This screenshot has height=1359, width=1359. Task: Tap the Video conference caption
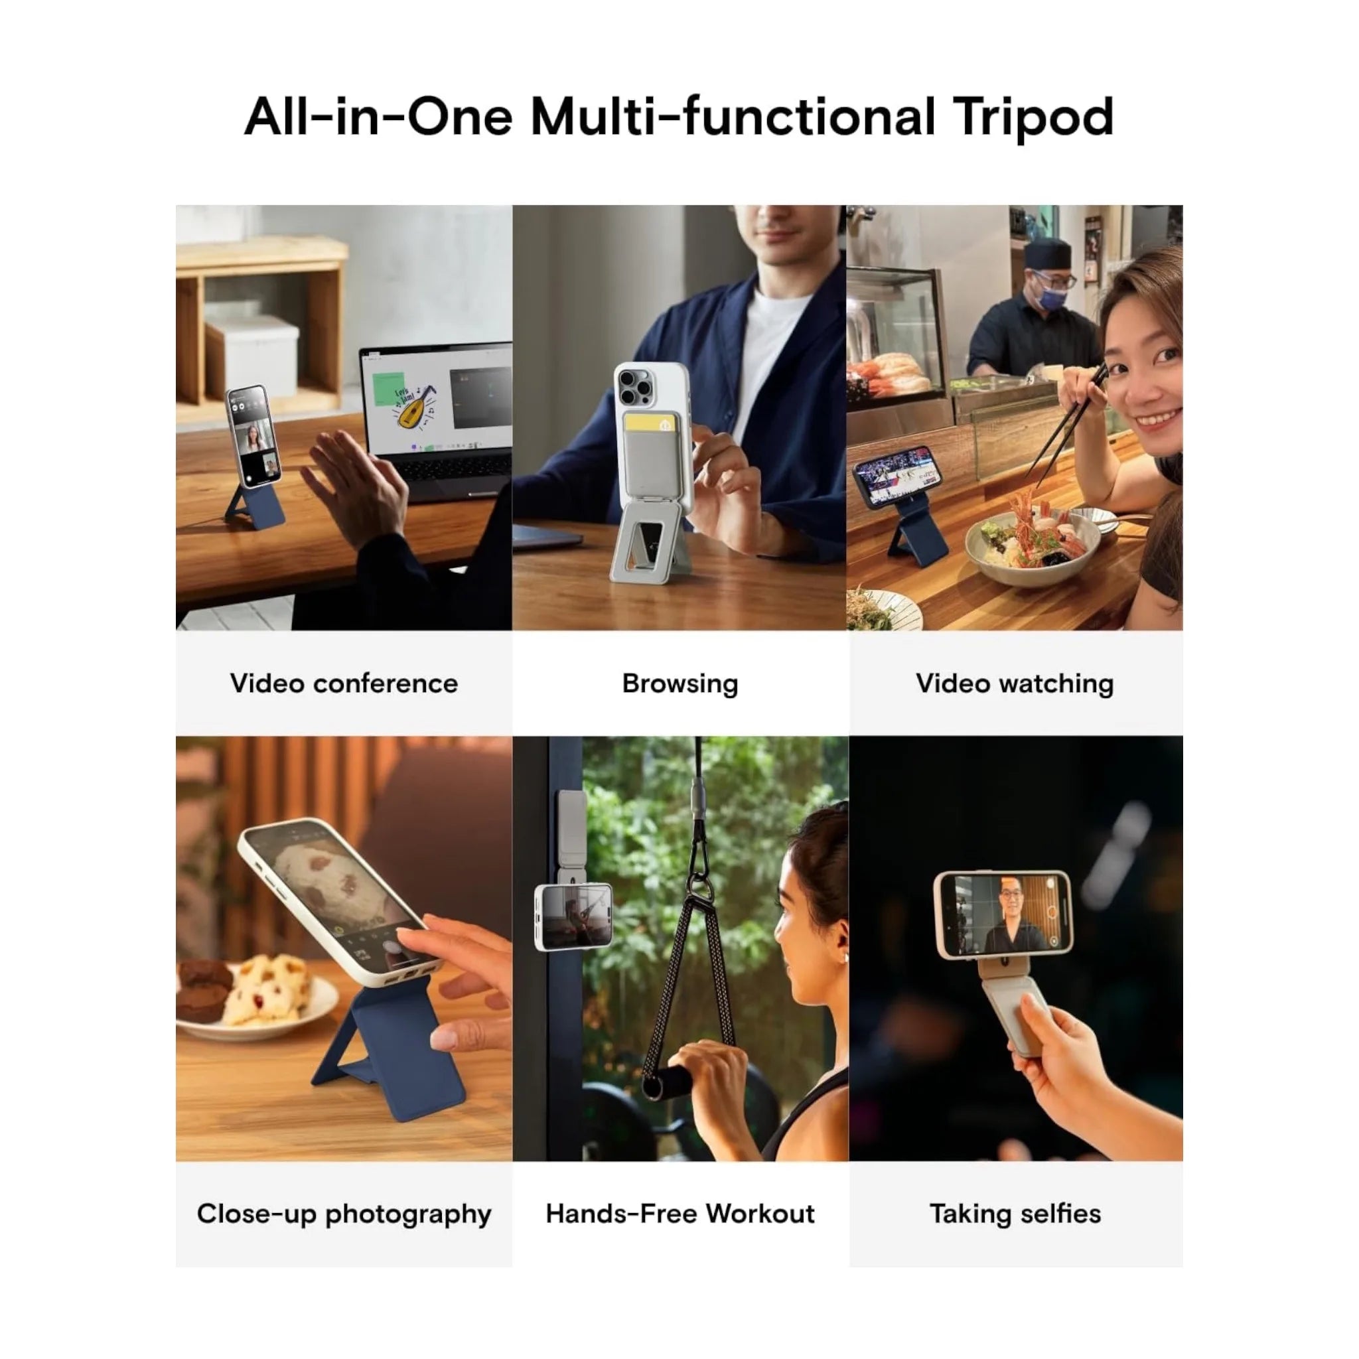(x=344, y=683)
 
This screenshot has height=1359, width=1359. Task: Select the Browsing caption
(x=680, y=683)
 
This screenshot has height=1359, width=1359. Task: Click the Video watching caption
(x=1015, y=683)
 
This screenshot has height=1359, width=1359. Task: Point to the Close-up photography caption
(x=344, y=1214)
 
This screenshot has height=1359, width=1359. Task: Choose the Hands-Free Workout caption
(x=680, y=1214)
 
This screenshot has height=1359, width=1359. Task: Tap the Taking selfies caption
(x=1015, y=1214)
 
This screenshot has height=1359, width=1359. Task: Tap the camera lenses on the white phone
(x=635, y=388)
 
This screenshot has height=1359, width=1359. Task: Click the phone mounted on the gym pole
(x=573, y=916)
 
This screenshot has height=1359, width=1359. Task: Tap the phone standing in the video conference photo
(x=253, y=435)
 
